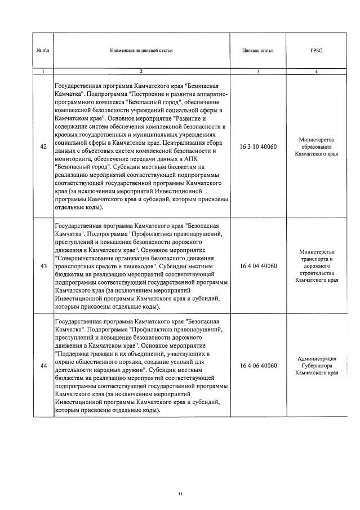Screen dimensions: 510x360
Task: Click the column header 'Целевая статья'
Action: click(257, 50)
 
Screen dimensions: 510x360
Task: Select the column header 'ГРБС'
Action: click(316, 50)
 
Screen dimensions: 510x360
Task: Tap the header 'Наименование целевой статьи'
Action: click(141, 50)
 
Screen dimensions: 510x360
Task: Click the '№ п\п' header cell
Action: click(43, 50)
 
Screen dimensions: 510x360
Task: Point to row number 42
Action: click(43, 147)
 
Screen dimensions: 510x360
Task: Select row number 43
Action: click(43, 266)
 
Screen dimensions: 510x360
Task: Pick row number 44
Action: click(43, 366)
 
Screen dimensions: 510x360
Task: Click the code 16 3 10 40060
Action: click(258, 147)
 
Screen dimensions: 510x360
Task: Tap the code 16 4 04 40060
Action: click(258, 266)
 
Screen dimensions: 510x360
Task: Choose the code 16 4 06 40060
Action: click(258, 366)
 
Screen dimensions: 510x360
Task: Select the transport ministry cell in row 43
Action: click(316, 265)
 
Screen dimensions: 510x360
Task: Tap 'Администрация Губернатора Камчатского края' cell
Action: click(316, 366)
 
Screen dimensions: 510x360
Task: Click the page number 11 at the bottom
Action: click(180, 494)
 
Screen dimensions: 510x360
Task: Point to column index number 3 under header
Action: click(257, 72)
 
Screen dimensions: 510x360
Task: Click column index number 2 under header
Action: click(141, 72)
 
